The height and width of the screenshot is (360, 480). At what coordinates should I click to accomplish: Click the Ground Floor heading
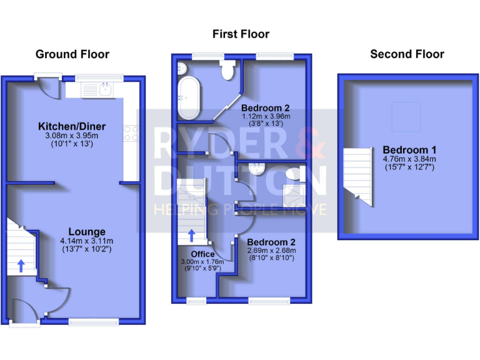coord(72,54)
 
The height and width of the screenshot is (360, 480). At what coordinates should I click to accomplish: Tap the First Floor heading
coord(241,34)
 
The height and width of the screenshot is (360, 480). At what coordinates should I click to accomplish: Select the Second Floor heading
coord(407,54)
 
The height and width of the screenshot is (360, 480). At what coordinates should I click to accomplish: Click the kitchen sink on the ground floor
coord(104,89)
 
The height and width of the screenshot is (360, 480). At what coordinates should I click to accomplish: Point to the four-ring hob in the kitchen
coord(131,132)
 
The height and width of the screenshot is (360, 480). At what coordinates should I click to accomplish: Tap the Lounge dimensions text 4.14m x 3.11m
coord(86,241)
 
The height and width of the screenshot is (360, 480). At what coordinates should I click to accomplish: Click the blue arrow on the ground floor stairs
coord(21,266)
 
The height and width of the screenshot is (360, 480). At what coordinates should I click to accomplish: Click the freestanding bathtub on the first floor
coord(187,97)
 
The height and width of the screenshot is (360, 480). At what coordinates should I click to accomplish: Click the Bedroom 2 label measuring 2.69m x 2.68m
coord(271,242)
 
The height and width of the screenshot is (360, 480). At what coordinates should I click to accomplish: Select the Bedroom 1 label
coord(409,150)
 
